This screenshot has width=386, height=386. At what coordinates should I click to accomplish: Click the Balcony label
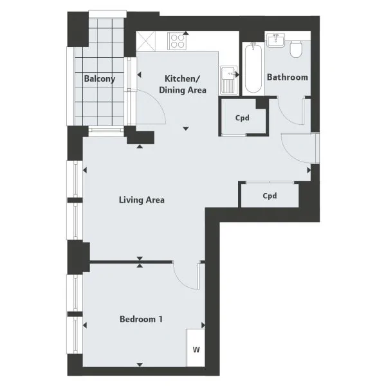(x=100, y=78)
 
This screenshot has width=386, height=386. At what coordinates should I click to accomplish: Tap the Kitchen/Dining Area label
(x=183, y=84)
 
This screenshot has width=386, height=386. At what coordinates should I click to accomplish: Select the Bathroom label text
(x=288, y=77)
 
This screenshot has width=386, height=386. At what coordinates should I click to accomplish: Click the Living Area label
(x=142, y=199)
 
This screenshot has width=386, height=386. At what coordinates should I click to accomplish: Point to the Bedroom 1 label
(x=141, y=319)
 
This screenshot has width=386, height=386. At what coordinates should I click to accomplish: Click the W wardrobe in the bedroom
(x=196, y=347)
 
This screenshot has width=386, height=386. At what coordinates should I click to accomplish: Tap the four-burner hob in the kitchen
(x=177, y=41)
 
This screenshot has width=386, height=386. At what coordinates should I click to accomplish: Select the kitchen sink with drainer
(x=229, y=80)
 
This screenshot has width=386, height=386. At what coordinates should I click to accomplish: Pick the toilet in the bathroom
(x=296, y=50)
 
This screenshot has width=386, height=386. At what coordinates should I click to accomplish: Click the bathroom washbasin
(x=276, y=40)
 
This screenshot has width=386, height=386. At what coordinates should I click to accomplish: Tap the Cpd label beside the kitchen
(x=243, y=118)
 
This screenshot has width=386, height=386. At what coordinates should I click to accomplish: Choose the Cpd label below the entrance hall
(x=270, y=196)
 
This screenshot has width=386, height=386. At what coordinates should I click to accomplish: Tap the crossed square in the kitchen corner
(x=146, y=41)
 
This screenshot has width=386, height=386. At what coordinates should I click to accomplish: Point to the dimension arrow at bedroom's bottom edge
(x=140, y=365)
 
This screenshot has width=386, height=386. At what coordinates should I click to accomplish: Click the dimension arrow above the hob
(x=186, y=33)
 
